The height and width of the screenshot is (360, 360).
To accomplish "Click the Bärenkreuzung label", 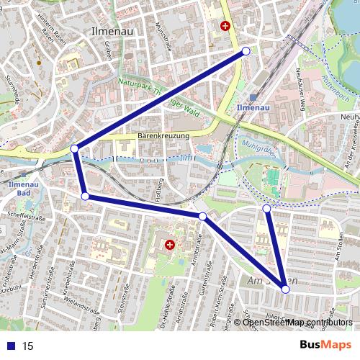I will coord(163,135).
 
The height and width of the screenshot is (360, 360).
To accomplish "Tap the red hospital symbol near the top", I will coord(226,26).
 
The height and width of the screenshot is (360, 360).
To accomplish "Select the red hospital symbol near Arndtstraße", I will coord(170,245).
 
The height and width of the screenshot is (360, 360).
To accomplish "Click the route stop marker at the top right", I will coord(246,51).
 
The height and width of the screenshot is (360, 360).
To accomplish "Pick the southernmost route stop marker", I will coord(286,289).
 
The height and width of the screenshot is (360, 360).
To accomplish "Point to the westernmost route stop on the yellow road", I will coord(75,149).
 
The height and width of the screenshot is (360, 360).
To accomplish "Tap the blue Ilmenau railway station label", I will coord(253,108).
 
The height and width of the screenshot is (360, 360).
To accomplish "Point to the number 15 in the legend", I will coord(27,346).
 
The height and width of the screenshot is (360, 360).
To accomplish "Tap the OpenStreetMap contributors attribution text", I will coord(297,322).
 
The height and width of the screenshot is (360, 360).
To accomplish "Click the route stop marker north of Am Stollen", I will coord(267,208).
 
